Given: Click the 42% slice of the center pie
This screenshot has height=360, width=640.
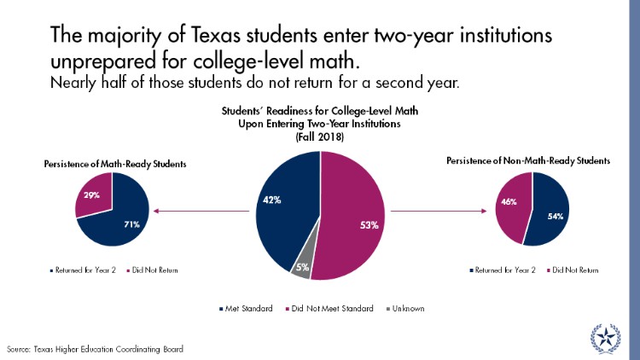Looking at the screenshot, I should click(286, 205).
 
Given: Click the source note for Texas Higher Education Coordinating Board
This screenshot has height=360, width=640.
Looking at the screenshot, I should click(95, 349).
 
